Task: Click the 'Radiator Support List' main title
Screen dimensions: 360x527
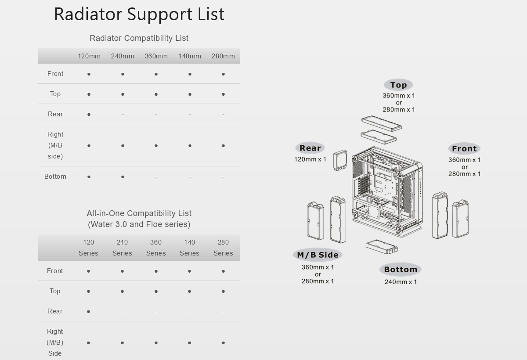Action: (139, 14)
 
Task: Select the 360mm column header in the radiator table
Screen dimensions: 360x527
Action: (156, 56)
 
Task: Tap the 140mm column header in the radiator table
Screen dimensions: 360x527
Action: (190, 56)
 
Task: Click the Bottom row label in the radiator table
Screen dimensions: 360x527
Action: (55, 176)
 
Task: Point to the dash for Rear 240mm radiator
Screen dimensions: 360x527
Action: (123, 115)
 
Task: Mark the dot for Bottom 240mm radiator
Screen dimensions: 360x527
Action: (123, 177)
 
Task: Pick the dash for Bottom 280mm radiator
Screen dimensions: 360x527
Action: (223, 177)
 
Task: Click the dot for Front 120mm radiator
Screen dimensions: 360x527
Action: (89, 74)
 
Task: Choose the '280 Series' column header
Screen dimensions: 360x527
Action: (223, 248)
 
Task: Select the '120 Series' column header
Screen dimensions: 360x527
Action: (88, 248)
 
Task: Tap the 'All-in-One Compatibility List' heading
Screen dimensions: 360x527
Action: (139, 213)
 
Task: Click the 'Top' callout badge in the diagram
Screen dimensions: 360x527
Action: (398, 85)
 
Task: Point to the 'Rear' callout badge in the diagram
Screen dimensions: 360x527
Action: (310, 148)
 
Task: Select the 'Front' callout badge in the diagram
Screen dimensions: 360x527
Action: (464, 149)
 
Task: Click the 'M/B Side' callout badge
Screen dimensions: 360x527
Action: (318, 255)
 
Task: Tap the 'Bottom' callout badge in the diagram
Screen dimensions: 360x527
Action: (401, 270)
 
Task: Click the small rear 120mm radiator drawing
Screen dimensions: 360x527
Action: (340, 160)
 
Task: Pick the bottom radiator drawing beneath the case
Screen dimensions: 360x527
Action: (381, 246)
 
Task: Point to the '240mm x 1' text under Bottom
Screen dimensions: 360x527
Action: (401, 282)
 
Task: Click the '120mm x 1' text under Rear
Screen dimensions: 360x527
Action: (310, 159)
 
